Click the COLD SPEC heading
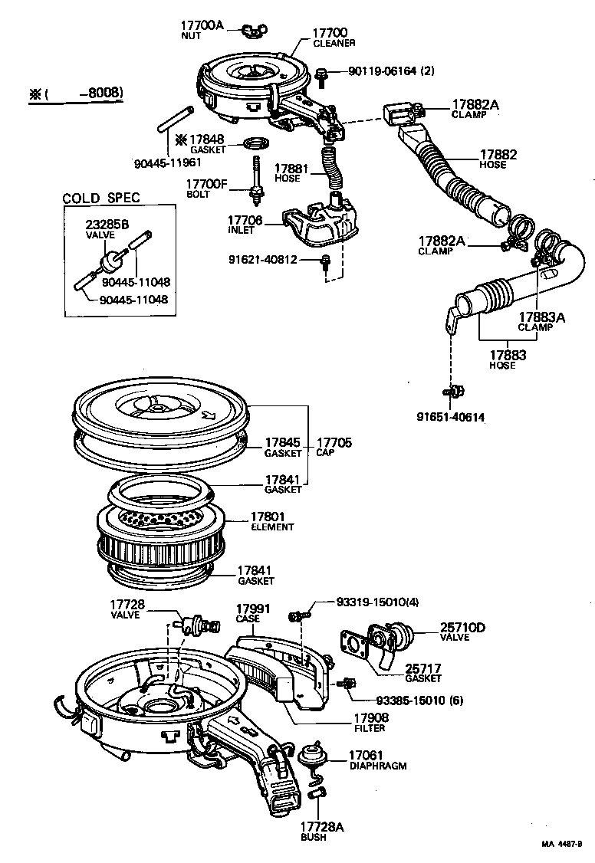click(100, 198)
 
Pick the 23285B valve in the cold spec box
click(117, 258)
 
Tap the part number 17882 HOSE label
click(498, 159)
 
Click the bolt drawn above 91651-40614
click(452, 392)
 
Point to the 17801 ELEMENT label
click(271, 521)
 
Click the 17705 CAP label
click(335, 446)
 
